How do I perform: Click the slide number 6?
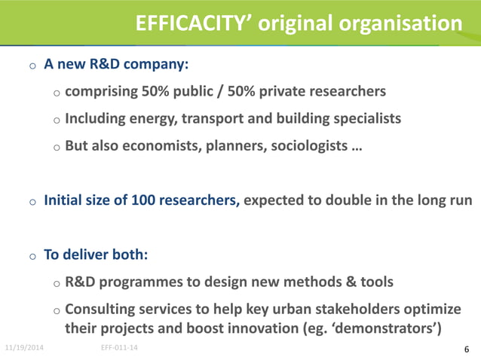pyautogui.click(x=467, y=349)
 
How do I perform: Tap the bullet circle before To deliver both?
pyautogui.click(x=32, y=256)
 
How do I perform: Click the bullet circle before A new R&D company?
pyautogui.click(x=32, y=66)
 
